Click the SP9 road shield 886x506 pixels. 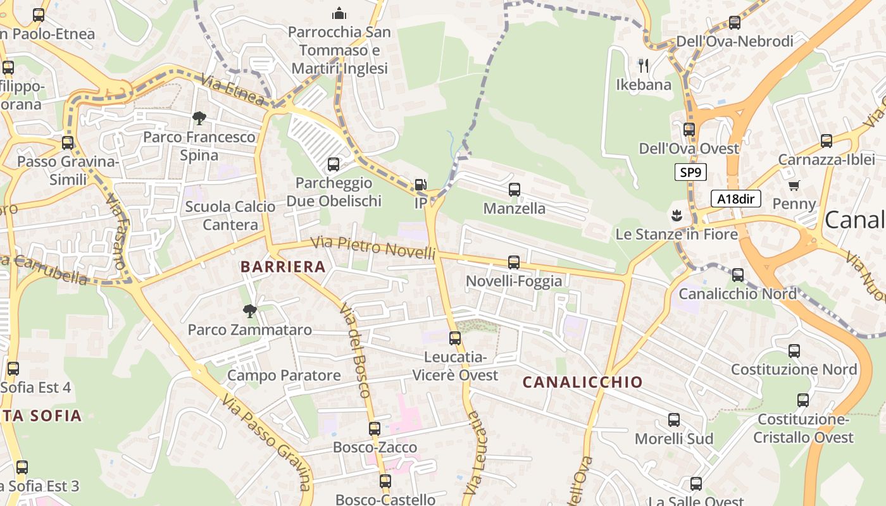[690, 172]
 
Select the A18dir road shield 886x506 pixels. [735, 199]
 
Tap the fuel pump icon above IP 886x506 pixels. [420, 185]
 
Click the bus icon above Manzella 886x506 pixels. [514, 189]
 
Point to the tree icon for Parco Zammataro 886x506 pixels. [250, 311]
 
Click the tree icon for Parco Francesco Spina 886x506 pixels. [199, 118]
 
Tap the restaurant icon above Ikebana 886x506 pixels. [644, 65]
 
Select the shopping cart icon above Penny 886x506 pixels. [794, 185]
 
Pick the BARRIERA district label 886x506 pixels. [283, 267]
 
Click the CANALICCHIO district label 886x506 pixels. [582, 382]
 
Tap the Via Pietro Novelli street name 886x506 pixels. [374, 247]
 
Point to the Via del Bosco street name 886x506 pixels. [354, 350]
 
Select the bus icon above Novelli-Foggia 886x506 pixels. [514, 262]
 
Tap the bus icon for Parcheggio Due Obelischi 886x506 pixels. [334, 164]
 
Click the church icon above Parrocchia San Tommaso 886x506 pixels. [339, 13]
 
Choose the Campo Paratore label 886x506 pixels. [284, 375]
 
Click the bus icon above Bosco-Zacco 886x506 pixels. [375, 428]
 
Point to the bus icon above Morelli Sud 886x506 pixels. [674, 420]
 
